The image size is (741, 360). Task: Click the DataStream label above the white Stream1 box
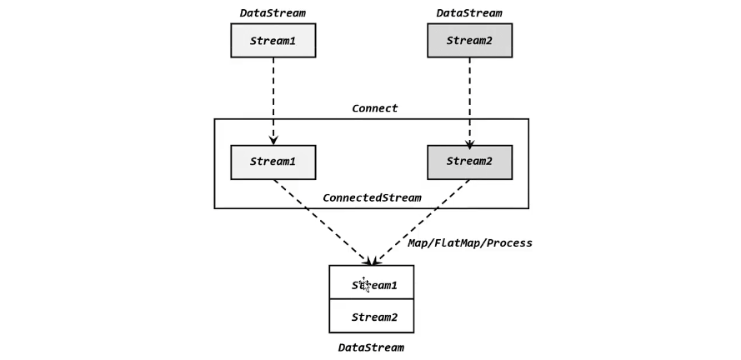pos(273,12)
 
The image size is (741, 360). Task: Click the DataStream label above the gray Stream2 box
pos(469,12)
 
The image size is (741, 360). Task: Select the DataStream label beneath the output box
pos(371,347)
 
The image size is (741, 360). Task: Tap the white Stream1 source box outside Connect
pos(273,40)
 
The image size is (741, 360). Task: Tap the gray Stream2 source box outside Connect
pos(469,40)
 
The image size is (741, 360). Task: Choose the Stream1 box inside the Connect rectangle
pos(273,162)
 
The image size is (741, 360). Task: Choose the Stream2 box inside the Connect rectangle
pos(469,162)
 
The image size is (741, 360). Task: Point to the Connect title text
pos(374,108)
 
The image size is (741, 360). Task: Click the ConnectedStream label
pos(372,197)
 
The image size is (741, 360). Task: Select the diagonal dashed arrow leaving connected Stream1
pos(321,221)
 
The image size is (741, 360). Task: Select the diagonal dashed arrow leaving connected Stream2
pos(420,221)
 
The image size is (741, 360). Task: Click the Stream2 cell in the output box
pos(374,317)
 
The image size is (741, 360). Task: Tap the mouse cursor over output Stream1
pos(365,285)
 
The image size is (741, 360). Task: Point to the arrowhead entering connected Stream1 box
pos(273,140)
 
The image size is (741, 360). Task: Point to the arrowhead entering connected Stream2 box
pos(469,140)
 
